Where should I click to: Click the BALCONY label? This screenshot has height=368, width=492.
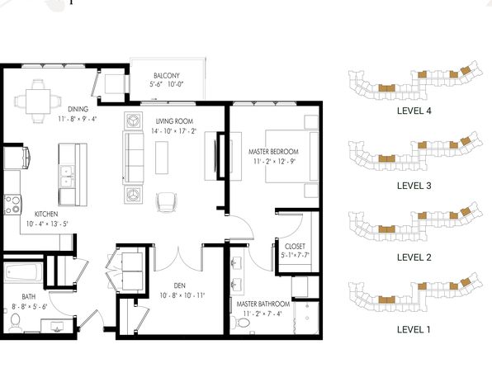(167, 76)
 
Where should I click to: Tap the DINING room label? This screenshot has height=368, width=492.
(78, 109)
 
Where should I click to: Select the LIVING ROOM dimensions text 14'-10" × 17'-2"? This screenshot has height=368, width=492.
(173, 131)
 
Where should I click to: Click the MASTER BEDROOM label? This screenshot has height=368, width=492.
(273, 152)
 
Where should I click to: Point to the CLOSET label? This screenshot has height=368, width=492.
(295, 247)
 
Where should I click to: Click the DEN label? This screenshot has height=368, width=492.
(179, 285)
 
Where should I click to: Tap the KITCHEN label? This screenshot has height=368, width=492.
(46, 214)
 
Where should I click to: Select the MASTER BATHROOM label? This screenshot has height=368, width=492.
(263, 304)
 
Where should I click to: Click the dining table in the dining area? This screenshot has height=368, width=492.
(38, 101)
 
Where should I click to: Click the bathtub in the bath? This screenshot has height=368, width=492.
(24, 272)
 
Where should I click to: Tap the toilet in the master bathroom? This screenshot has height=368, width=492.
(241, 322)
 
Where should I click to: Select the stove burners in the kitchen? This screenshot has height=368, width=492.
(12, 205)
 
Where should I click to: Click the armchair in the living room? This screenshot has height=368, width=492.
(167, 202)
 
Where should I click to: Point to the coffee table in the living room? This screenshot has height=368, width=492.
(162, 158)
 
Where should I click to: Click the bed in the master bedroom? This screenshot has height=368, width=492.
(292, 156)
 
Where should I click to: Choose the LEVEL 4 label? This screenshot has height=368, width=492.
(414, 111)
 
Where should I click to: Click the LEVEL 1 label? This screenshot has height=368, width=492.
(414, 330)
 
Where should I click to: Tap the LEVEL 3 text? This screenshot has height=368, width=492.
(414, 186)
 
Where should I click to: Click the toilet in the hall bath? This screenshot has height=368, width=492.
(14, 322)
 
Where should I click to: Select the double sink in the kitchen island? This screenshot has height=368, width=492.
(67, 177)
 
